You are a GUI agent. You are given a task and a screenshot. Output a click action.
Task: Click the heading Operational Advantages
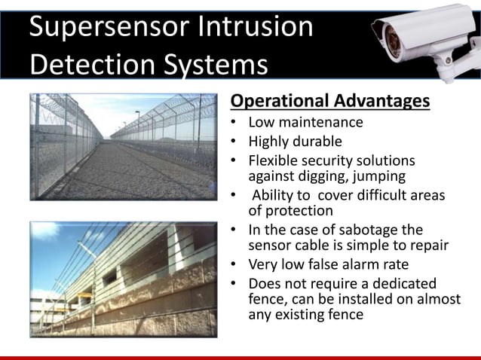point(329,101)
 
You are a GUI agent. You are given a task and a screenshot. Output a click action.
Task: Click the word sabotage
point(357,230)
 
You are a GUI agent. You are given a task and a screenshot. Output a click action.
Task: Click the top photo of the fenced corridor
point(123,146)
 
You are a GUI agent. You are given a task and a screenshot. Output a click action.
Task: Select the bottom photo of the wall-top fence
point(123,278)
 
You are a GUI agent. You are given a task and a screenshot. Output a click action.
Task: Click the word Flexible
point(274,161)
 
